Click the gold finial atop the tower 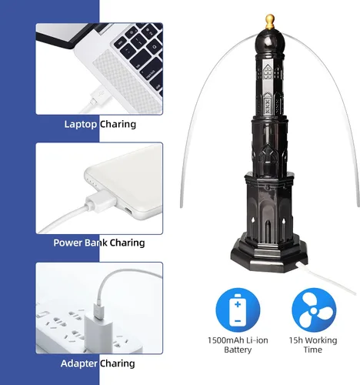point(269,22)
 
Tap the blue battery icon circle point(238,310)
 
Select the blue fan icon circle point(314,310)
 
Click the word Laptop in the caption point(81,125)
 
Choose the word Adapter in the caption point(79,363)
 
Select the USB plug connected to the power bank point(101,201)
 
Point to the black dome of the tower point(269,42)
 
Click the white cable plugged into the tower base point(325,278)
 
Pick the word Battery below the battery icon point(238,350)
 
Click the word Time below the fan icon point(313,350)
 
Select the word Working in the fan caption point(321,340)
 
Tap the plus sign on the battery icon point(238,304)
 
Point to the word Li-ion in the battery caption point(257,340)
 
